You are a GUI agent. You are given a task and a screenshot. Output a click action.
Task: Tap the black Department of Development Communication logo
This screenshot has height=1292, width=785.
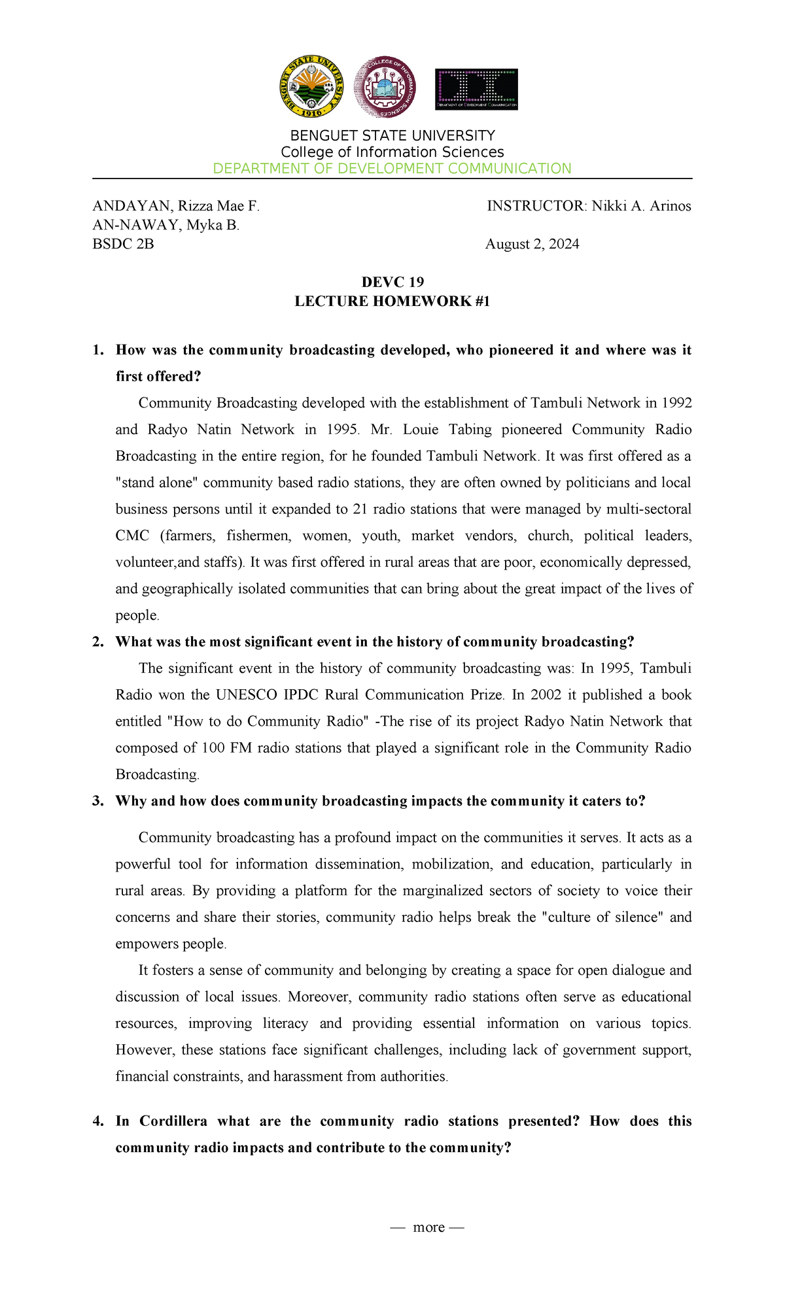tap(476, 89)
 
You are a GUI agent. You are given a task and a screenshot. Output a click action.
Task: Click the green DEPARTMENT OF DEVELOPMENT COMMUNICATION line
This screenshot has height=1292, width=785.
tap(392, 169)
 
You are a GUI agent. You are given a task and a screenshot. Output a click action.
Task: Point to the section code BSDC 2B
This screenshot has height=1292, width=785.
tap(123, 245)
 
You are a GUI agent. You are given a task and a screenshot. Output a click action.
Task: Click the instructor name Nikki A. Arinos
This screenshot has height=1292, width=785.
tap(641, 207)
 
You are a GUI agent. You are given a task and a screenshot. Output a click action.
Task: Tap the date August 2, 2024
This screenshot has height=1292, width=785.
tap(532, 245)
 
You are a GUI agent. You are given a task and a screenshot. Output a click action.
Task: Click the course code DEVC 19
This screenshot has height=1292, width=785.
tap(392, 282)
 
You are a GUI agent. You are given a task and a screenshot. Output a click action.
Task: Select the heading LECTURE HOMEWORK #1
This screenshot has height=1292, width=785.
tap(392, 301)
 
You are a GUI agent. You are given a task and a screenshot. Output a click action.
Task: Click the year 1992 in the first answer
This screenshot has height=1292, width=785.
tap(677, 403)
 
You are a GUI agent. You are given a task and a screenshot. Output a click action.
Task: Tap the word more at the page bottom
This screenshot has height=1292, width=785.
tap(428, 1227)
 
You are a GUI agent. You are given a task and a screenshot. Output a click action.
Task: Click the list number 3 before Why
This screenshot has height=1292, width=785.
tap(98, 802)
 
